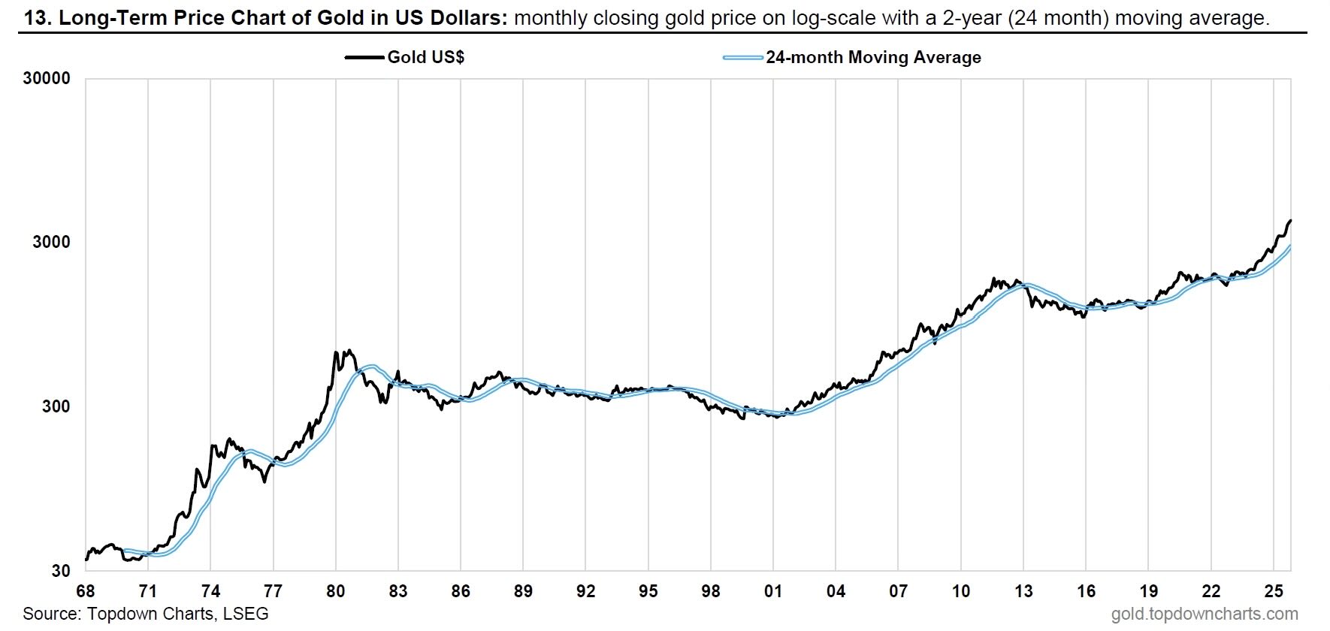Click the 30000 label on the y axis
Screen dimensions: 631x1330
47,79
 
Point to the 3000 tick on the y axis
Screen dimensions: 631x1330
51,242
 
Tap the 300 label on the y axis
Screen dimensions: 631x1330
56,406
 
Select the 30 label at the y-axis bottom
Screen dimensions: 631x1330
61,571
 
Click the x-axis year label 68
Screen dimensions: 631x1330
86,591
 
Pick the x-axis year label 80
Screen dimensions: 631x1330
336,591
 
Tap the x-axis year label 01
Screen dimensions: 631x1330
773,591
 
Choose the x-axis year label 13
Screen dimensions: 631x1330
1023,591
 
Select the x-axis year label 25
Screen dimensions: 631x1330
1274,591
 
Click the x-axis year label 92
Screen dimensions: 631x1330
585,591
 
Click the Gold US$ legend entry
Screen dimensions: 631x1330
425,58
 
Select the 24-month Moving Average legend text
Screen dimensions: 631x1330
873,58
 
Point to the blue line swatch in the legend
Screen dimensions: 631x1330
742,58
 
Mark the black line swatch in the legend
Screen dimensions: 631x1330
364,58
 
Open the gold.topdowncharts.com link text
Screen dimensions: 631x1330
1205,614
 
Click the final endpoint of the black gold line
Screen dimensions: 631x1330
1290,221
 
